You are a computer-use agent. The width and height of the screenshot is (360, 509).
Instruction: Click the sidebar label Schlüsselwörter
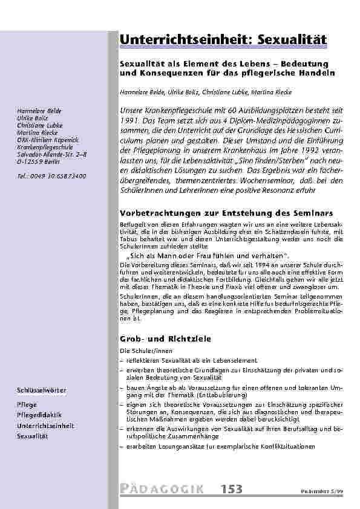tap(42, 390)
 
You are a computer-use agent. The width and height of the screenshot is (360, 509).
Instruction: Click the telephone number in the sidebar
tap(51, 176)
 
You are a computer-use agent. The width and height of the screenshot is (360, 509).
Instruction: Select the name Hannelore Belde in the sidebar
tap(39, 112)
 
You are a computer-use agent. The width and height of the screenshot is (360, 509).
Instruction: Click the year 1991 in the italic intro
tap(130, 122)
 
